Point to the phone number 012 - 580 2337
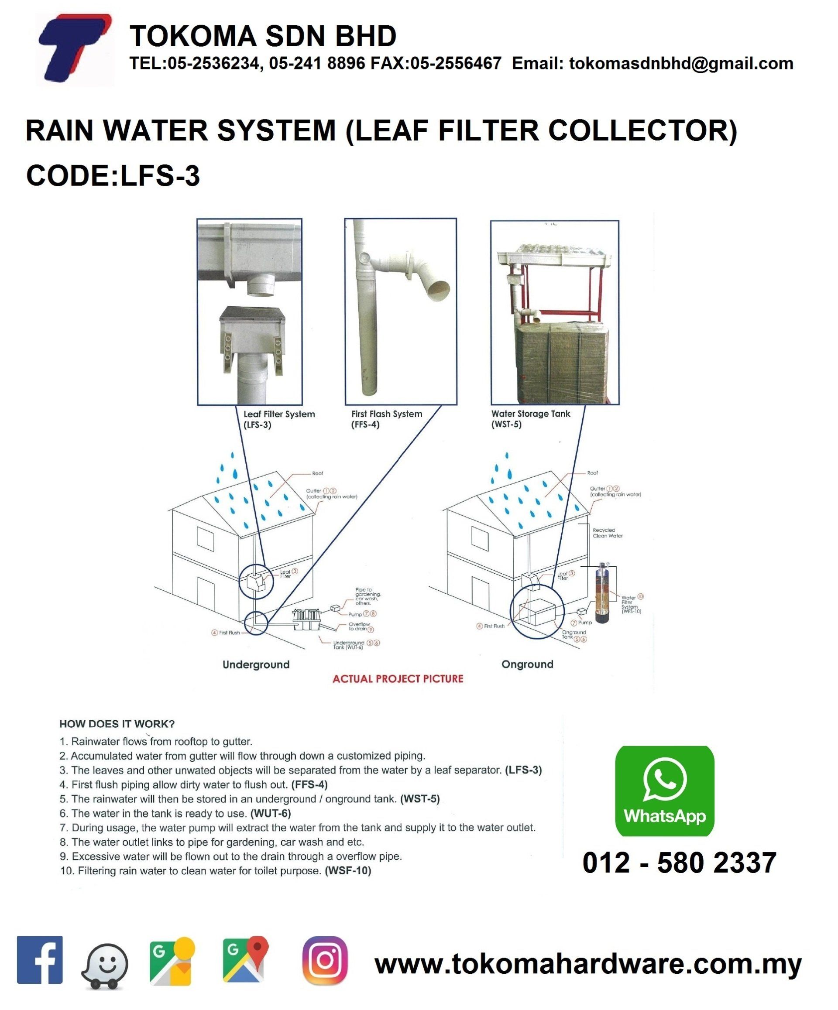click(x=679, y=863)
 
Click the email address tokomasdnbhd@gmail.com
click(x=681, y=64)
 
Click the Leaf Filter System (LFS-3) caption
click(x=278, y=419)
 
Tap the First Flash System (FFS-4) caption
click(x=386, y=418)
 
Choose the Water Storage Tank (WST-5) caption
click(x=530, y=418)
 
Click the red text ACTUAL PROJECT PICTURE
click(x=398, y=678)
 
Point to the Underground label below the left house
click(x=256, y=664)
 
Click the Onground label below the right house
click(x=527, y=664)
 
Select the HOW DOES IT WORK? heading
click(x=117, y=724)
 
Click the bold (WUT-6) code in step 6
click(x=270, y=813)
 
